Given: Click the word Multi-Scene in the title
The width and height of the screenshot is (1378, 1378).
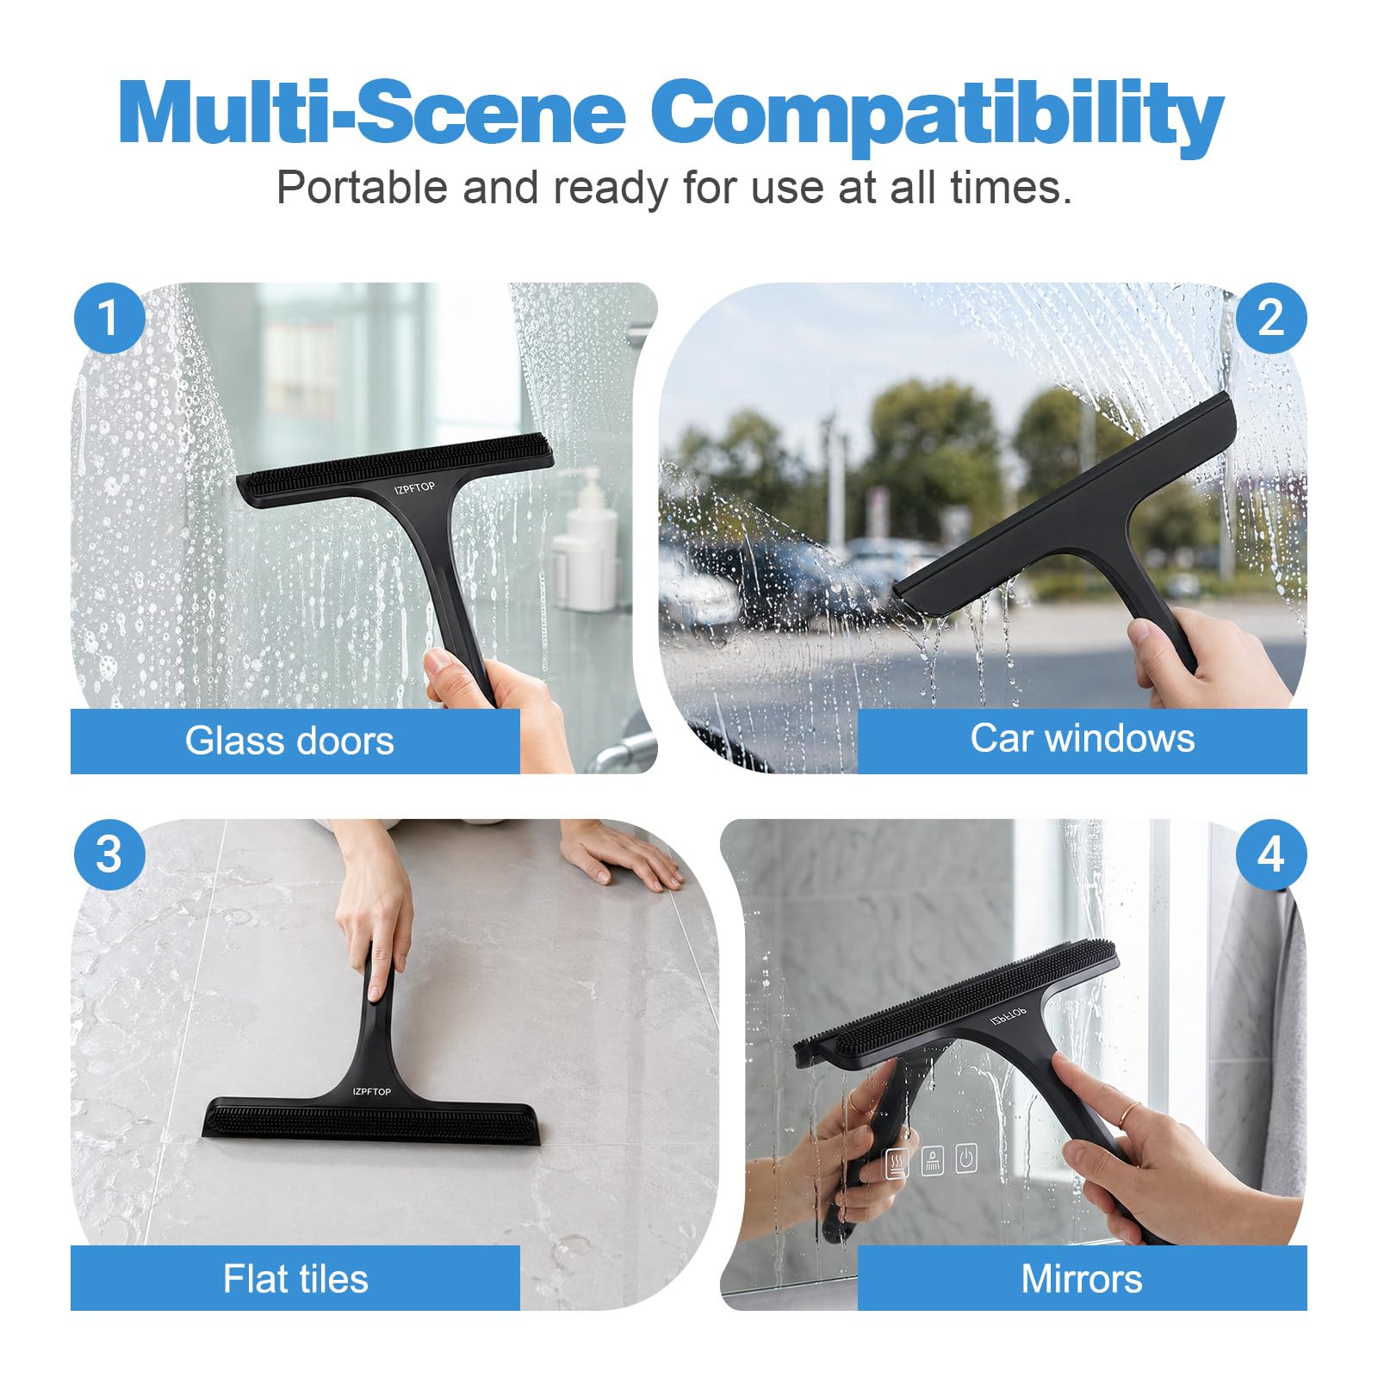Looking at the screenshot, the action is tap(372, 113).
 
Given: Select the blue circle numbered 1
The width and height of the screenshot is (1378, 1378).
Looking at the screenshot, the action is tap(109, 318).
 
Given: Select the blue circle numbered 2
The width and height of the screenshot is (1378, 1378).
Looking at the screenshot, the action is tap(1271, 318).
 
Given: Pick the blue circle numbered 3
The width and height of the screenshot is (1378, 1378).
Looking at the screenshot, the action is tap(109, 854).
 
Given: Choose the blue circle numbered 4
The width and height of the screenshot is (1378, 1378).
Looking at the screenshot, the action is tap(1271, 854).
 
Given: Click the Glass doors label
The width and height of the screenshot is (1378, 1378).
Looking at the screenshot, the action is tap(289, 741).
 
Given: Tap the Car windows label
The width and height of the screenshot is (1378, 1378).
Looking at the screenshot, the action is tap(1083, 738).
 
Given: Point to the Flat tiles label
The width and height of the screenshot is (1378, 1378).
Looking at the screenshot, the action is tap(295, 1278).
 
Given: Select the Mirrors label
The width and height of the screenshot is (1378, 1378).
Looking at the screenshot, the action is tap(1082, 1278).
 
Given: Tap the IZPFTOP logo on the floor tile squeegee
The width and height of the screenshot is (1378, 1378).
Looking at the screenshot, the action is tap(371, 1091).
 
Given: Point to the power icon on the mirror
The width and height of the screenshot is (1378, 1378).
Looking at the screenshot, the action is tap(966, 1158).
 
